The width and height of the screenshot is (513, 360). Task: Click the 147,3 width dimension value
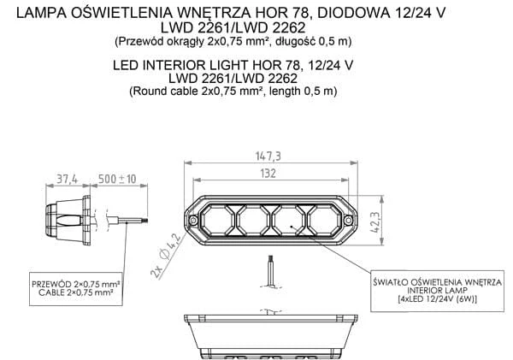pos(268,156)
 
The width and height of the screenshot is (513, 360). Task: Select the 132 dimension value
pos(268,173)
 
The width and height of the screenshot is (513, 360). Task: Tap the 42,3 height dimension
pos(375,222)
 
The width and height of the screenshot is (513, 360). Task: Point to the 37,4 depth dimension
pos(67,179)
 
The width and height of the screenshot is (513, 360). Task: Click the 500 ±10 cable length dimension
pos(117,179)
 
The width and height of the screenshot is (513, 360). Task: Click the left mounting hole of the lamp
pos(193,221)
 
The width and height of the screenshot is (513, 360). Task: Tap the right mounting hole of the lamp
pos(349,221)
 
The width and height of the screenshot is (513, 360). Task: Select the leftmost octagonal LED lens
pos(217,221)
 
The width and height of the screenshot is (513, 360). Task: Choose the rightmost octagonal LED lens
pos(325,221)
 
